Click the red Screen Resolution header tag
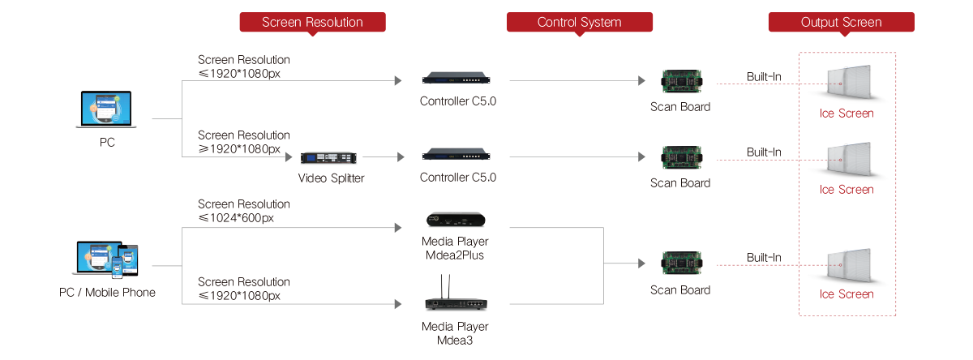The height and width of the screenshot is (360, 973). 312,23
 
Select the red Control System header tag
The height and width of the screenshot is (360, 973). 580,23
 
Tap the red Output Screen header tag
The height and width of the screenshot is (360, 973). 841,23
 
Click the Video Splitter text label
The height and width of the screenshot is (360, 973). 331,178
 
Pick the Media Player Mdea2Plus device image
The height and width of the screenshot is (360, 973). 455,220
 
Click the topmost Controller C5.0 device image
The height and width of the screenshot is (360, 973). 455,79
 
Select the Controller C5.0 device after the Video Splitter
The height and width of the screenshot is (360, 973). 455,156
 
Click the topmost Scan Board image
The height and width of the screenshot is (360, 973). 679,80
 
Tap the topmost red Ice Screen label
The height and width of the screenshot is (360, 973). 847,114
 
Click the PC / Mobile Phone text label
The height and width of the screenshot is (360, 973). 107,292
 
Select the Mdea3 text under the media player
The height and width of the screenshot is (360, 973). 455,341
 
